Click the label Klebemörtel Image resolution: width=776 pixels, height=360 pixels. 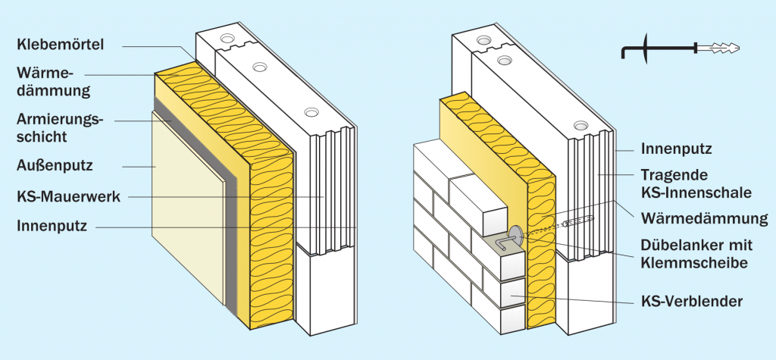click(x=60, y=45)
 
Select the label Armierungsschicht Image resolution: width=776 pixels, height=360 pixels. click(x=59, y=128)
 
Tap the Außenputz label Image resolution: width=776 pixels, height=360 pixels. click(x=55, y=165)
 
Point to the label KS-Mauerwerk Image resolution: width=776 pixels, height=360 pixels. click(x=68, y=196)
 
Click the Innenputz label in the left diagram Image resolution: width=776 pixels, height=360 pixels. click(x=52, y=227)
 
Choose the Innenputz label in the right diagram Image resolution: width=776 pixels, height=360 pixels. click(x=676, y=149)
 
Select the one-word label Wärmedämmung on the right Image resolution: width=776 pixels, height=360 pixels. click(x=704, y=218)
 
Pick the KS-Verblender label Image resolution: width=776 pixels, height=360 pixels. click(x=691, y=301)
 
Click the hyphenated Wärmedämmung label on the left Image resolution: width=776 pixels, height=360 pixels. click(x=54, y=82)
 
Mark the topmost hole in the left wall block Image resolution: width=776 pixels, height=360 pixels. click(x=228, y=38)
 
